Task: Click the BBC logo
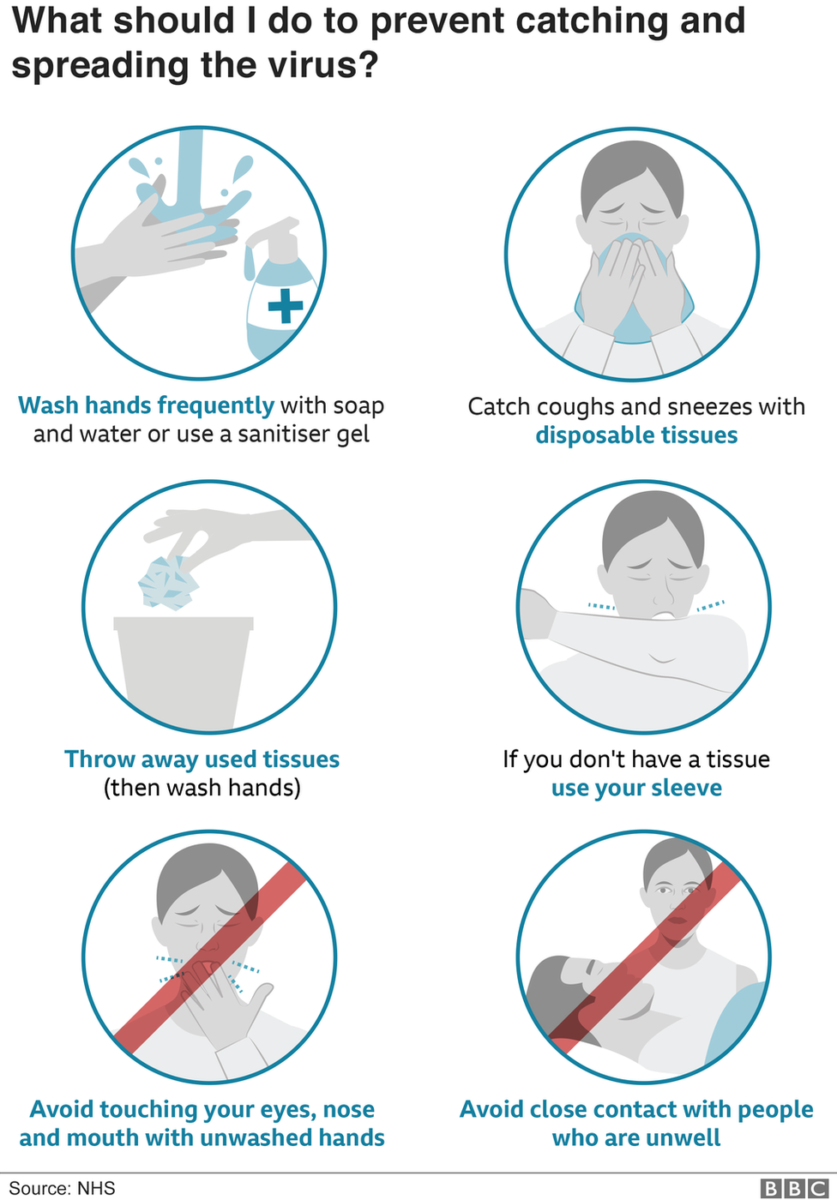(x=794, y=1188)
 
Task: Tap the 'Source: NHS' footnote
(x=62, y=1188)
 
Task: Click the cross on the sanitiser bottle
(x=286, y=306)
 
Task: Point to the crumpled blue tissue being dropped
(x=168, y=583)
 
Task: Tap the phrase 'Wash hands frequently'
(x=147, y=406)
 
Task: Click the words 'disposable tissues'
(x=636, y=435)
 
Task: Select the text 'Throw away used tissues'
(x=202, y=759)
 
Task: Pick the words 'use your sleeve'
(x=636, y=788)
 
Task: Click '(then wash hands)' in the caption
(x=202, y=788)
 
